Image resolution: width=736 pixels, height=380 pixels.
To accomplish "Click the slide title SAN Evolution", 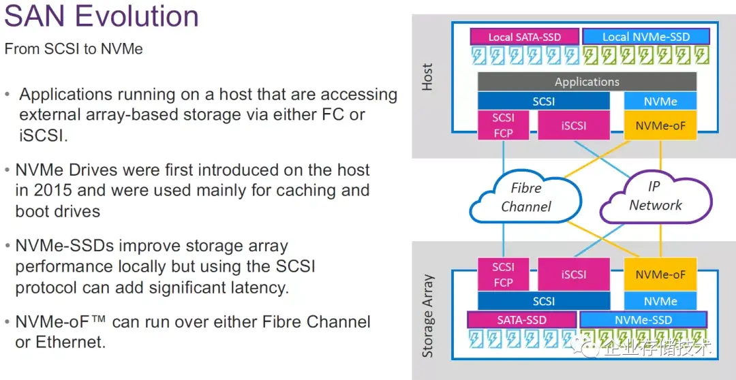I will point(102,16).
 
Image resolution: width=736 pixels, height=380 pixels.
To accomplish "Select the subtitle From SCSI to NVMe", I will point(74,49).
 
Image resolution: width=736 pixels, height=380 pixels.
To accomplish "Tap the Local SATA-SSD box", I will point(524,37).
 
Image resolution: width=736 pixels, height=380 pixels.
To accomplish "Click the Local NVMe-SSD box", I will point(645,37).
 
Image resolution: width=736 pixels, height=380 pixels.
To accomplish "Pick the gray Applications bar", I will point(587,82).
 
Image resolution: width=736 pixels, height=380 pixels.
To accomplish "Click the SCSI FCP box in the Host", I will point(503,125).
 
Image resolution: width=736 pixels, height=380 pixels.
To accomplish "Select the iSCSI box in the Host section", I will point(573,126).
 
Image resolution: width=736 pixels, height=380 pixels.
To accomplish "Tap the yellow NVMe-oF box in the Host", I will point(660,126).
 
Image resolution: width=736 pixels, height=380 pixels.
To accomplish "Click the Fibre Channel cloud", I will point(525,197).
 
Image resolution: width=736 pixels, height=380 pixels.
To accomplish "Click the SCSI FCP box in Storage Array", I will point(503,274).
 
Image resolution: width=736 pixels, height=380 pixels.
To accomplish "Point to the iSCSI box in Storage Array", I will point(573,274).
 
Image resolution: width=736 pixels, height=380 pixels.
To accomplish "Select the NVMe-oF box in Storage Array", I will point(660,274).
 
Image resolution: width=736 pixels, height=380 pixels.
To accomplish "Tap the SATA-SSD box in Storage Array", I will point(521,319).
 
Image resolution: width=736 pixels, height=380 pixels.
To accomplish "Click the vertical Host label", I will point(427,78).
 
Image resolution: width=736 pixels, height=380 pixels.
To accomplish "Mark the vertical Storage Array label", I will point(427,316).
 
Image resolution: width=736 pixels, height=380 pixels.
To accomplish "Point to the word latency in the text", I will point(259,287).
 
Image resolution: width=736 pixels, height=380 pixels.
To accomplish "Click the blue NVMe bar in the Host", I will point(660,101).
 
